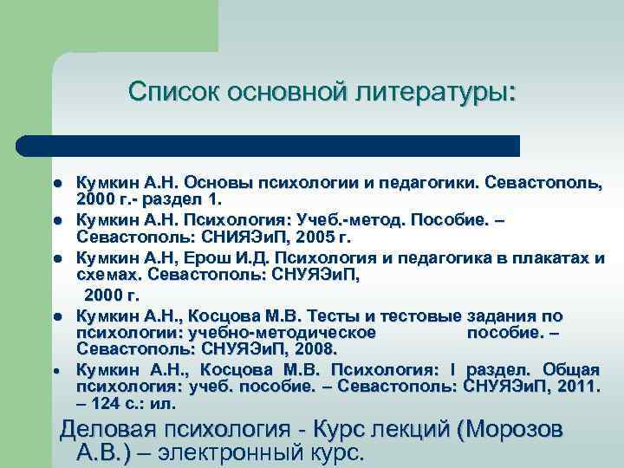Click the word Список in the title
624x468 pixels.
point(172,92)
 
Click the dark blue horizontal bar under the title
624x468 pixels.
point(269,146)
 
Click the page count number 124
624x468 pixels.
point(106,402)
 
